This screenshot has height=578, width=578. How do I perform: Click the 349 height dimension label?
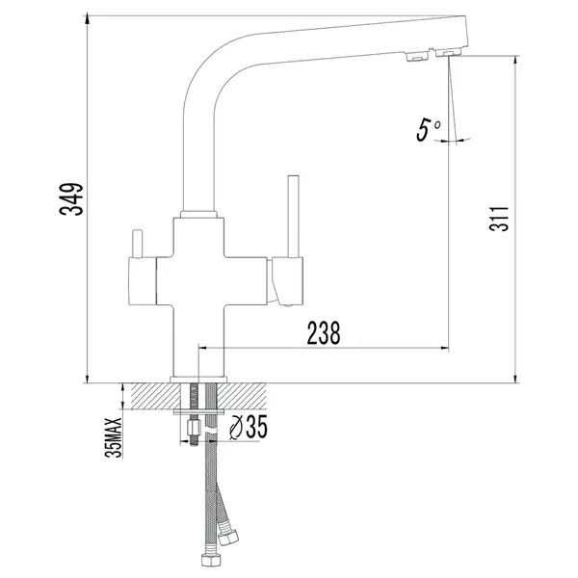click(71, 199)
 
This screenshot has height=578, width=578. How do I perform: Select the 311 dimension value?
click(498, 219)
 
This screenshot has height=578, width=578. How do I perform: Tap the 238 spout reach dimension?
click(324, 333)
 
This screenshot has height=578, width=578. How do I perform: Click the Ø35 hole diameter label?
click(249, 427)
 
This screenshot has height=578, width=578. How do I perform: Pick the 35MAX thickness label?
click(113, 437)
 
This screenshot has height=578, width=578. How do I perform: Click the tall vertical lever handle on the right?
click(294, 217)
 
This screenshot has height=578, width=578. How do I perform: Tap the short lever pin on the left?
click(137, 244)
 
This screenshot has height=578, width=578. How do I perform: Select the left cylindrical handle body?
click(143, 281)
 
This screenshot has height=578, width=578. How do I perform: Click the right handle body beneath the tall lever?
click(288, 281)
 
